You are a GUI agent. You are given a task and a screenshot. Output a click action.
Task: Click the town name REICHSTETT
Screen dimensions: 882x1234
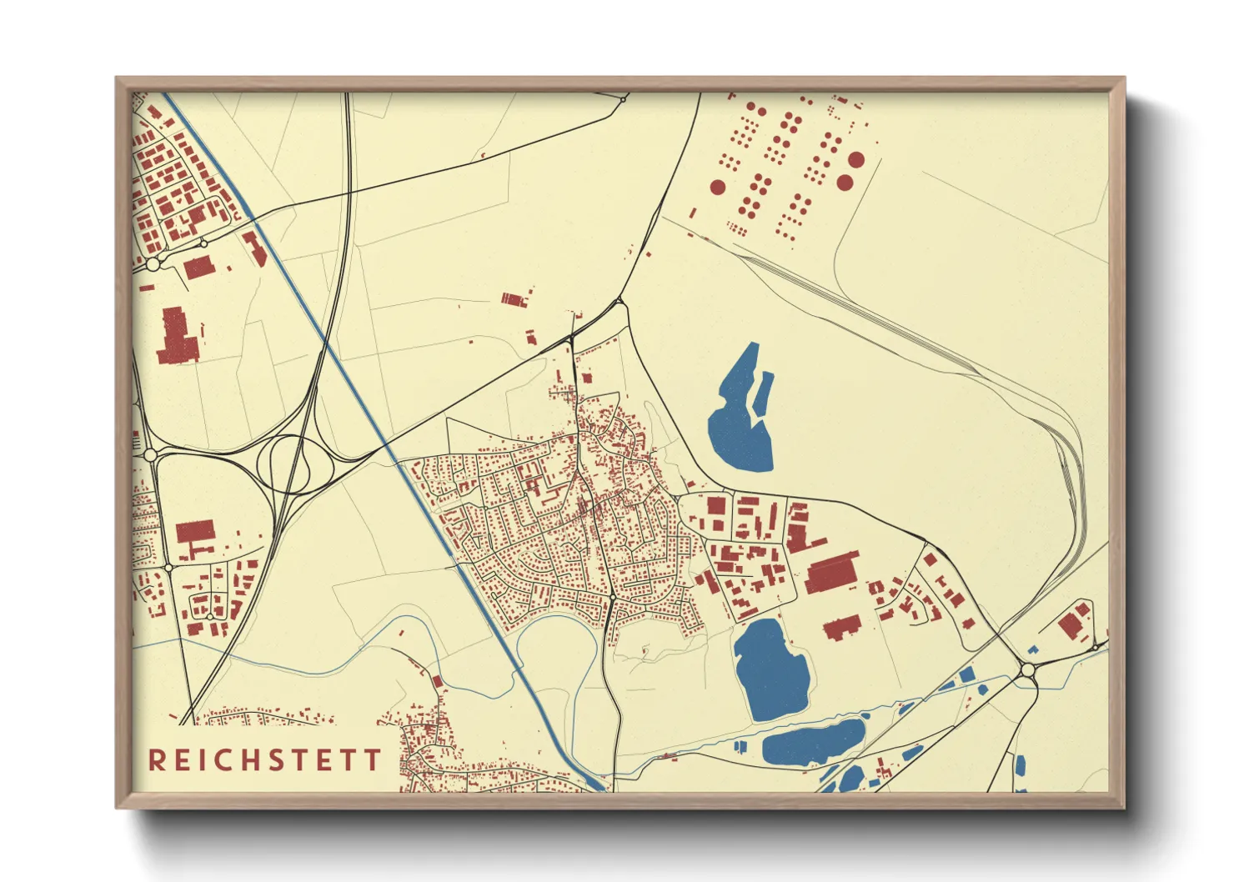(x=265, y=759)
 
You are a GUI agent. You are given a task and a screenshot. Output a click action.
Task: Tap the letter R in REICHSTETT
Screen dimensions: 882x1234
(x=156, y=759)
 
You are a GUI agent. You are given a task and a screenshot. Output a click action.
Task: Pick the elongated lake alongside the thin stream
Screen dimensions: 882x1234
(x=813, y=743)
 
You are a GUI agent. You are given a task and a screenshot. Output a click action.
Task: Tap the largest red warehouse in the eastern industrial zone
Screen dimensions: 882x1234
(x=830, y=574)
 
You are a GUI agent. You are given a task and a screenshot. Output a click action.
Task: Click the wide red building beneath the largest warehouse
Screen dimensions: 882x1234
(x=841, y=628)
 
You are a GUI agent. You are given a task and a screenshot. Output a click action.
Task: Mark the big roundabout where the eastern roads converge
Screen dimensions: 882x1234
(x=1027, y=670)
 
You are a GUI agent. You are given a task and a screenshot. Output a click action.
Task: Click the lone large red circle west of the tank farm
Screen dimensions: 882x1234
(x=717, y=187)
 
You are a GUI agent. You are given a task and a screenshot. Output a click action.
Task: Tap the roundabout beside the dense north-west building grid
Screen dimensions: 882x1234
(x=153, y=263)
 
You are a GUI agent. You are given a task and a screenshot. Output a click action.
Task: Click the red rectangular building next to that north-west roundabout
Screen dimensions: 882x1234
(x=198, y=267)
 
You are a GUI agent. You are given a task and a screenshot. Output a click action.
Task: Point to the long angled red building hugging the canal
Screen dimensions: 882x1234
(x=254, y=248)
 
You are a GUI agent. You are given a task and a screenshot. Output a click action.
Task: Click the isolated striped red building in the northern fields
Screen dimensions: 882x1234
(x=514, y=298)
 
